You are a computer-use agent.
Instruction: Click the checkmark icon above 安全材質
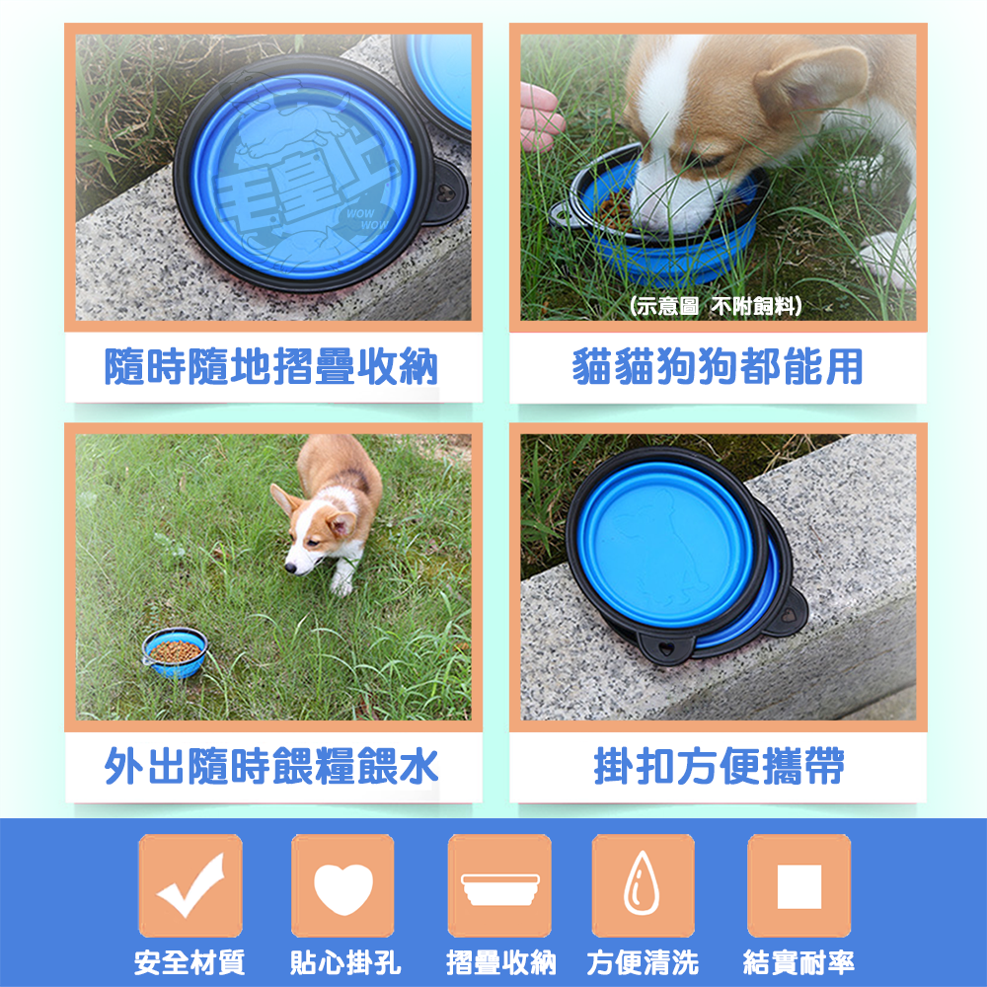pyautogui.click(x=190, y=885)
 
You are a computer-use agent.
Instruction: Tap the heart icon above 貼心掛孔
pyautogui.click(x=342, y=885)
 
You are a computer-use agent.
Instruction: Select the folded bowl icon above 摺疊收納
pyautogui.click(x=499, y=885)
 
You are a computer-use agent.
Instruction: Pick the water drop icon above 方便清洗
pyautogui.click(x=643, y=885)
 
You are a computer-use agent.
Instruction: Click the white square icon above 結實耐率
pyautogui.click(x=798, y=885)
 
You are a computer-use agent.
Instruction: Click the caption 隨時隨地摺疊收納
pyautogui.click(x=272, y=367)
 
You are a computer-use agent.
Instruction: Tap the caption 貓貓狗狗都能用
pyautogui.click(x=718, y=367)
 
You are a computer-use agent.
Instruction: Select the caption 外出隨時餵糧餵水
pyautogui.click(x=272, y=766)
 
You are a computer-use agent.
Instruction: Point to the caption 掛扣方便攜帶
pyautogui.click(x=718, y=766)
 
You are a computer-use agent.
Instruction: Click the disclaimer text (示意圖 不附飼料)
pyautogui.click(x=716, y=307)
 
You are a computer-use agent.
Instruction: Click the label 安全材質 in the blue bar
pyautogui.click(x=190, y=961)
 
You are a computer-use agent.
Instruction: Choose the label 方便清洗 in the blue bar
pyautogui.click(x=643, y=961)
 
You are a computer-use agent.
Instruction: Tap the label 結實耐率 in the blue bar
pyautogui.click(x=798, y=961)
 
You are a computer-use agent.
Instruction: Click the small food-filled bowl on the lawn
pyautogui.click(x=175, y=651)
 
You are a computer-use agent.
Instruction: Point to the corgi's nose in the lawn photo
pyautogui.click(x=291, y=568)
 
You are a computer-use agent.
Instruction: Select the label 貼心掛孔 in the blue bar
pyautogui.click(x=342, y=961)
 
